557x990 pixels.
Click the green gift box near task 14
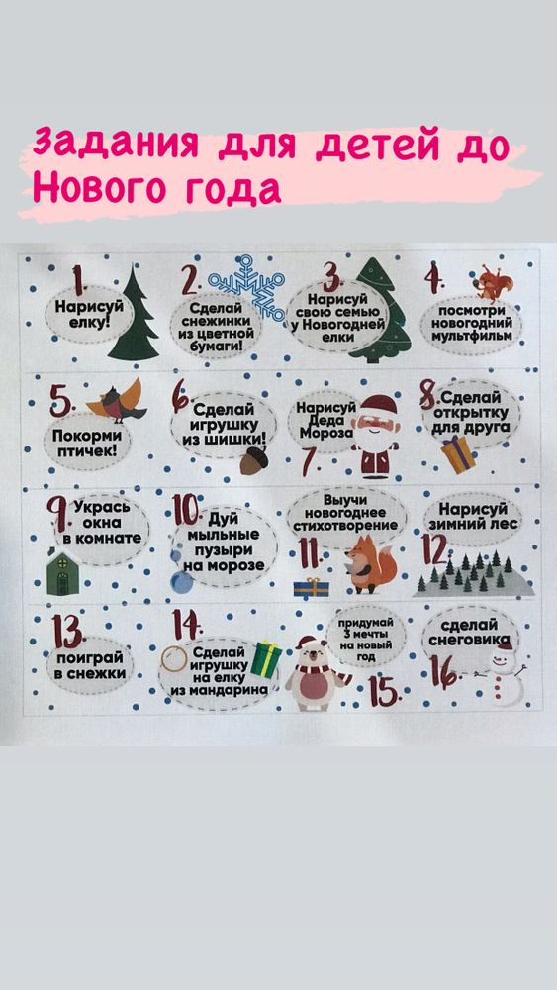point(266,657)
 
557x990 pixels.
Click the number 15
point(387,688)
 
